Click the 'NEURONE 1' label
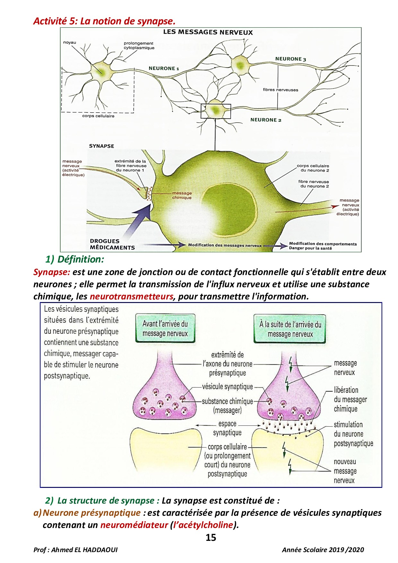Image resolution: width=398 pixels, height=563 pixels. coord(164,68)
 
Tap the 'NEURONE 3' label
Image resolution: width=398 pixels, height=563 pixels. coord(290,59)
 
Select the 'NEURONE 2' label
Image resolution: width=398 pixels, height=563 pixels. coord(266,120)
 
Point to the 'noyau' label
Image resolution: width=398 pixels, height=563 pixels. coord(70,42)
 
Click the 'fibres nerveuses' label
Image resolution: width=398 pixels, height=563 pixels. coord(281,90)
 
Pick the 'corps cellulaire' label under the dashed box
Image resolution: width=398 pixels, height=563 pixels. coord(98,116)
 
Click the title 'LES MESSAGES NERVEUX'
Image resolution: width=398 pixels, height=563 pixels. coord(208,32)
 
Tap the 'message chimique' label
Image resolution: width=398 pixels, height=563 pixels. coord(182,195)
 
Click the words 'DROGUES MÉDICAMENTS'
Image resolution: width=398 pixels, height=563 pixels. coord(112,244)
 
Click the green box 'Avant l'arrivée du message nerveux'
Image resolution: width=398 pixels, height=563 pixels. coord(165,328)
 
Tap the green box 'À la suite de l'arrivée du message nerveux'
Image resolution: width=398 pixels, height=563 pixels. coord(290,329)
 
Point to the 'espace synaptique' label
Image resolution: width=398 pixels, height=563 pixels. coord(227,428)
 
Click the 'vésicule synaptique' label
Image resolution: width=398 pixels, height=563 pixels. coord(228,387)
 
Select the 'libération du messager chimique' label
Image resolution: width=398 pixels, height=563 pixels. coord(350,399)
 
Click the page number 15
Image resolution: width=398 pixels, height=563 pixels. coord(211,538)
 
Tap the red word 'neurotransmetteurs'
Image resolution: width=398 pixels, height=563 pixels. coord(131,296)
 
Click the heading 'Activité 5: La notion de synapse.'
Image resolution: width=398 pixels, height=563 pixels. coord(104,21)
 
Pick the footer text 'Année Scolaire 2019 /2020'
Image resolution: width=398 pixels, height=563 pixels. coord(323,550)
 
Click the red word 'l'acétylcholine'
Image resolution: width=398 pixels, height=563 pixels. coord(203,525)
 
